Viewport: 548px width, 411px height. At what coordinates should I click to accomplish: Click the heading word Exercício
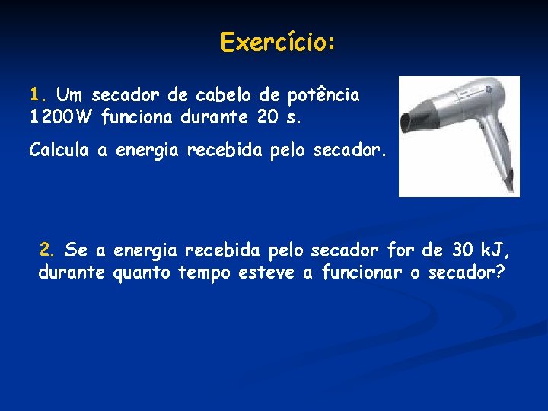[x=277, y=42]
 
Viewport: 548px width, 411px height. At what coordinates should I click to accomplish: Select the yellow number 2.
[x=47, y=249]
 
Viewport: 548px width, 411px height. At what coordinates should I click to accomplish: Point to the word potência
[x=323, y=95]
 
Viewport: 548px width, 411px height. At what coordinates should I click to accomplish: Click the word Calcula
[x=59, y=151]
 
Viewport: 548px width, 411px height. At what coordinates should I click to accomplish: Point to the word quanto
[x=142, y=272]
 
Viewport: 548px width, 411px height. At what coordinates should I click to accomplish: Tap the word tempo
[x=203, y=272]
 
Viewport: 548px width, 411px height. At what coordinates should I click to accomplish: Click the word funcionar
[x=362, y=272]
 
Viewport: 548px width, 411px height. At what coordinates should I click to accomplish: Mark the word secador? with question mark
[x=466, y=272]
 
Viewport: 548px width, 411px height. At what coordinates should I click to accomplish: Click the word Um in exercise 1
[x=71, y=95]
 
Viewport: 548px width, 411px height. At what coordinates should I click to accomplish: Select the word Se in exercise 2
[x=75, y=249]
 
